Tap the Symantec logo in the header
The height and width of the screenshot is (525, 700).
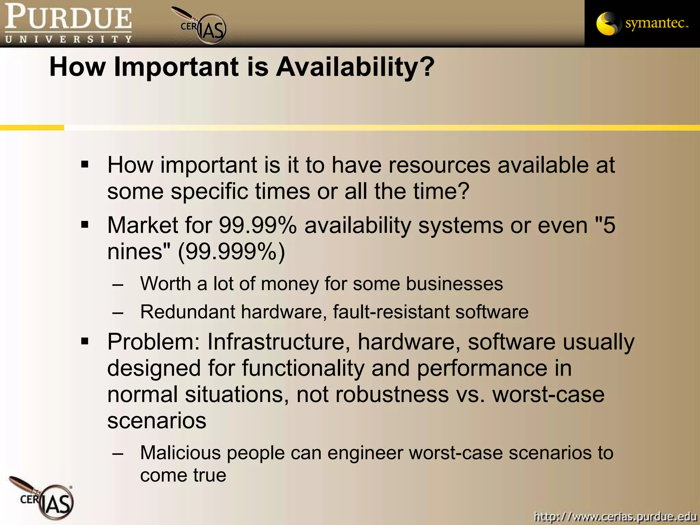[x=642, y=23]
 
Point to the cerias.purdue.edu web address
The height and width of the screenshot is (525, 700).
[x=615, y=516]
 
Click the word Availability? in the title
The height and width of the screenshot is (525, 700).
[x=355, y=67]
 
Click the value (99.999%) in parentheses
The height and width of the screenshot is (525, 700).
[x=231, y=252]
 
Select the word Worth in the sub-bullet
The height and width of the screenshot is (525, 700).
[x=165, y=284]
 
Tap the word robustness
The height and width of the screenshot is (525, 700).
[x=392, y=394]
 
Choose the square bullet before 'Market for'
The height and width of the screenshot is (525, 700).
[x=85, y=225]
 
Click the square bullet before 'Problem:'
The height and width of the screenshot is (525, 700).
[x=85, y=341]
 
